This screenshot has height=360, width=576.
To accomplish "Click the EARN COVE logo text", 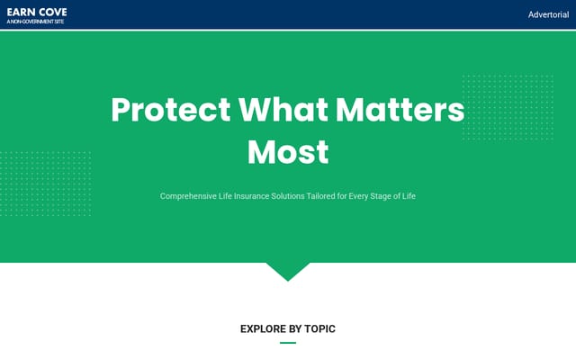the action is point(37,13).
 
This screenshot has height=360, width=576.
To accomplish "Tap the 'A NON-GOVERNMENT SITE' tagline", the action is point(35,22).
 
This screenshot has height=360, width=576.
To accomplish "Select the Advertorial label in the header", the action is point(548,14).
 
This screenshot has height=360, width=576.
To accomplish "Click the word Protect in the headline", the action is point(171,110).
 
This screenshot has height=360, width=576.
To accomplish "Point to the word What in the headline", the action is point(283,110).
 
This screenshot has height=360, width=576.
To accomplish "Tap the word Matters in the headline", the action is point(400,110).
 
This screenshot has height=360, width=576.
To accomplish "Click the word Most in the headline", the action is point(288,152).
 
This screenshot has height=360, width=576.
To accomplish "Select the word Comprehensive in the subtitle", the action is point(188,196).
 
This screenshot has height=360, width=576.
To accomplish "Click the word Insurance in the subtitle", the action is point(252,196).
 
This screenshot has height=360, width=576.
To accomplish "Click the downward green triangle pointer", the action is point(288,270).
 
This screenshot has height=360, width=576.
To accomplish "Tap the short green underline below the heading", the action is point(288,343).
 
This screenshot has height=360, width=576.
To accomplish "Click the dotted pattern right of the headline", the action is point(508,107).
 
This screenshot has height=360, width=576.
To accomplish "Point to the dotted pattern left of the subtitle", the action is point(46,184).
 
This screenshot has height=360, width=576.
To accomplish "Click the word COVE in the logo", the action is point(54,13).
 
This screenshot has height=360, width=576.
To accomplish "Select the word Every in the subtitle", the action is point(358,196).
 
